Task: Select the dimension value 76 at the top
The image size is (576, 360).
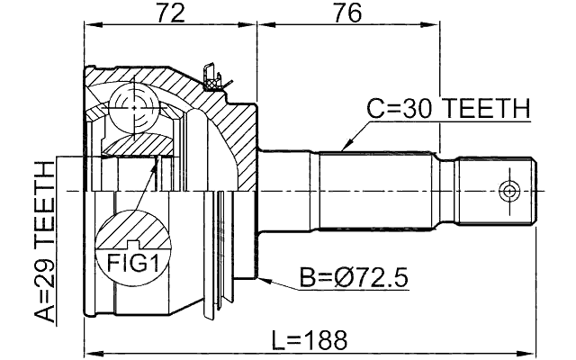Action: coord(346,13)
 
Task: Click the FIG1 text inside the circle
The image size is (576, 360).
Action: coord(132,264)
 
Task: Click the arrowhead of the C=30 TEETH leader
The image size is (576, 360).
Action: coord(341,148)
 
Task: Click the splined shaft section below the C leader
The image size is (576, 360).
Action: coord(378,190)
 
